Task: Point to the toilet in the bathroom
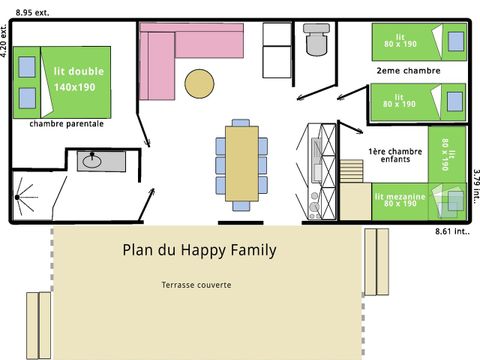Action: (318, 43)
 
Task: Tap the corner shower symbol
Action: (27, 198)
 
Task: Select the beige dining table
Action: (240, 162)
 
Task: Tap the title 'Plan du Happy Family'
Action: (199, 251)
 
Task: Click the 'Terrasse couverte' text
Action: (196, 285)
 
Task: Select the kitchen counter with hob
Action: (318, 170)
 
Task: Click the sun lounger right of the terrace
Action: (376, 262)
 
